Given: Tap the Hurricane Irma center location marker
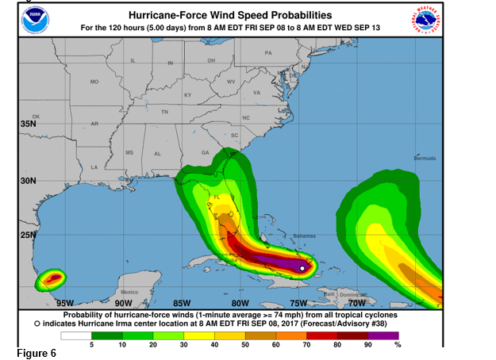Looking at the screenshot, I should pyautogui.click(x=302, y=269).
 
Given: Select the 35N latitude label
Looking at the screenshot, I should pyautogui.click(x=28, y=124).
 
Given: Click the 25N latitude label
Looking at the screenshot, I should pyautogui.click(x=28, y=235).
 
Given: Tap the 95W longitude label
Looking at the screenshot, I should pyautogui.click(x=65, y=302).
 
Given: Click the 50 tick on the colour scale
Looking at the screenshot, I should pyautogui.click(x=245, y=345).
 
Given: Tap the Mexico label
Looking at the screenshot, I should pyautogui.click(x=129, y=293).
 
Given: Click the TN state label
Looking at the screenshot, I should pyautogui.click(x=164, y=112).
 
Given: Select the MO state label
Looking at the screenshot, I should pyautogui.click(x=94, y=82).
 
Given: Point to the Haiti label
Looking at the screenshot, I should pyautogui.click(x=329, y=293).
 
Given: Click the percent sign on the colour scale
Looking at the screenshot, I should pyautogui.click(x=398, y=345).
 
